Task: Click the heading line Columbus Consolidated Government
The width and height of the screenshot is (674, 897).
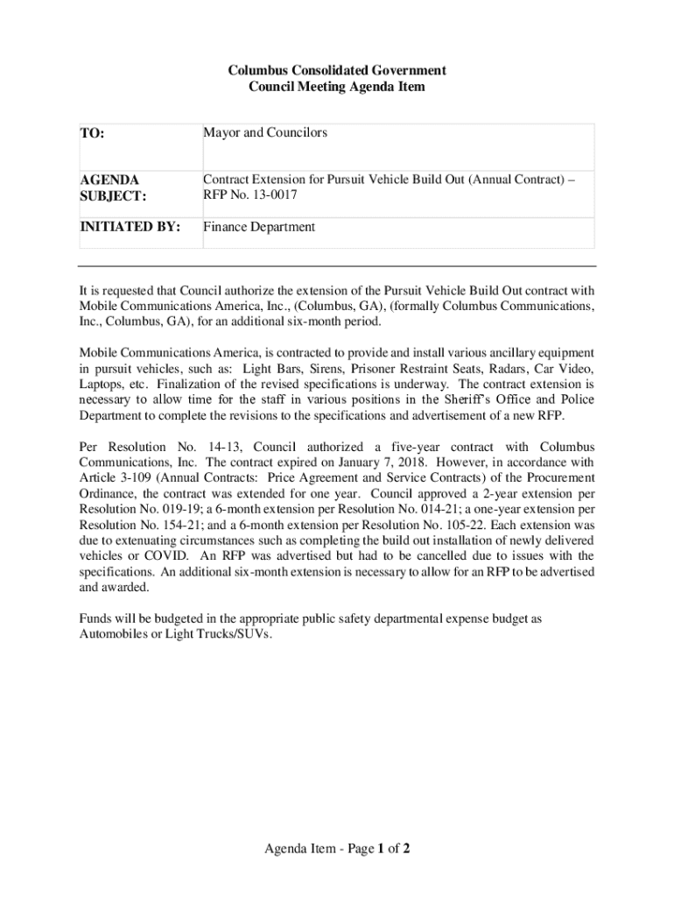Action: click(x=337, y=69)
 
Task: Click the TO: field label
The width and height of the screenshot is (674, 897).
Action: click(x=93, y=134)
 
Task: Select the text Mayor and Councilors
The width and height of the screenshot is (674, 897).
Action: click(x=265, y=132)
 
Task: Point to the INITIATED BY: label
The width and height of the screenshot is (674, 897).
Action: click(x=130, y=227)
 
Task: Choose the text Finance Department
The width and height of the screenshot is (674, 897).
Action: click(x=259, y=227)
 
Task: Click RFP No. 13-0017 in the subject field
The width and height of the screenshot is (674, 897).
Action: click(x=250, y=195)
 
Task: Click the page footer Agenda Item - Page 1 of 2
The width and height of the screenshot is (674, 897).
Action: click(x=337, y=849)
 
